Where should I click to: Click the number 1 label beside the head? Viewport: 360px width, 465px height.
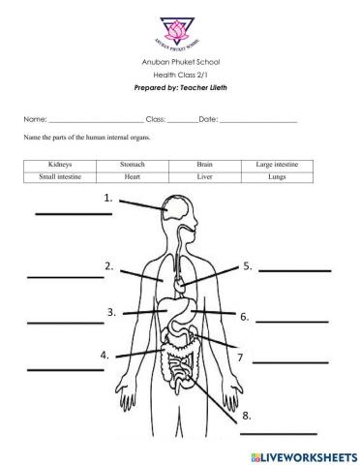tap(108, 199)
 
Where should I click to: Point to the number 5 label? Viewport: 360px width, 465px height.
tap(248, 265)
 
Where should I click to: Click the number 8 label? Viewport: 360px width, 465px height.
tap(248, 416)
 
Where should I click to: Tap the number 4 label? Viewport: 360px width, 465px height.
tap(105, 356)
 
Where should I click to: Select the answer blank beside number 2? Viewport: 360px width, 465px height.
tap(65, 277)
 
